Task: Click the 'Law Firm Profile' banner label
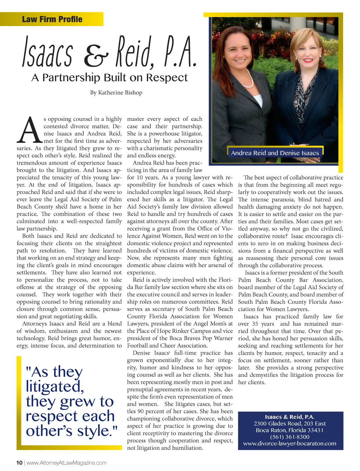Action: coord(52,19)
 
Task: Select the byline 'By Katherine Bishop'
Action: coord(116,93)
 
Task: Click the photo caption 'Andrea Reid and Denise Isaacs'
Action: coord(275,153)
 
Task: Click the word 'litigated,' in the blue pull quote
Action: coord(55,387)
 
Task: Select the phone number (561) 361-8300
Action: coord(290,437)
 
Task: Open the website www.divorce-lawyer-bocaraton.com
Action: coord(290,444)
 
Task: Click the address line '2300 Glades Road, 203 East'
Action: coord(290,424)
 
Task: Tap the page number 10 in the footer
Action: coord(19,463)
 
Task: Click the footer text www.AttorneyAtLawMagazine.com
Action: coord(66,463)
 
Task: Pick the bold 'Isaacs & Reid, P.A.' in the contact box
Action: coord(290,417)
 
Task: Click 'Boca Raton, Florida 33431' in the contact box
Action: coord(290,430)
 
